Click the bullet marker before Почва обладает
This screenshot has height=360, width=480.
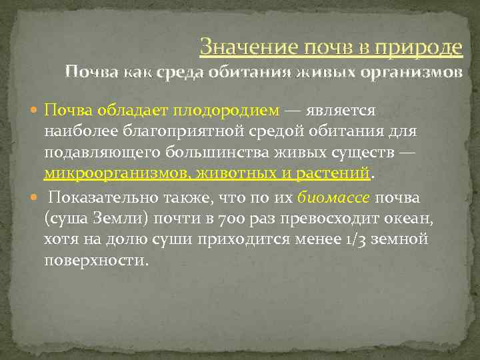point(35,109)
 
